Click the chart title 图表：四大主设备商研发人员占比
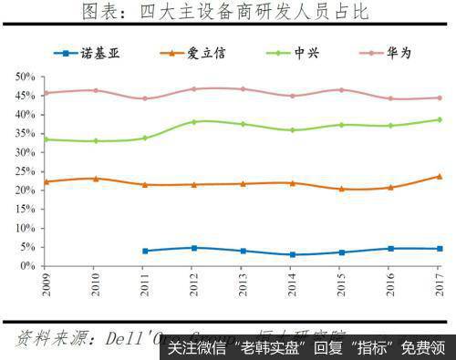tap(228, 13)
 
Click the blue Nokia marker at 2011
tap(145, 251)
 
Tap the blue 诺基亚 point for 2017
tap(439, 249)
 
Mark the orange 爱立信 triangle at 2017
tap(439, 176)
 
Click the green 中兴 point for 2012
tap(193, 121)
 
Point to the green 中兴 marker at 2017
tap(439, 119)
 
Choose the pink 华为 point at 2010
tap(96, 90)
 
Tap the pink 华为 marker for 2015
tap(341, 90)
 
